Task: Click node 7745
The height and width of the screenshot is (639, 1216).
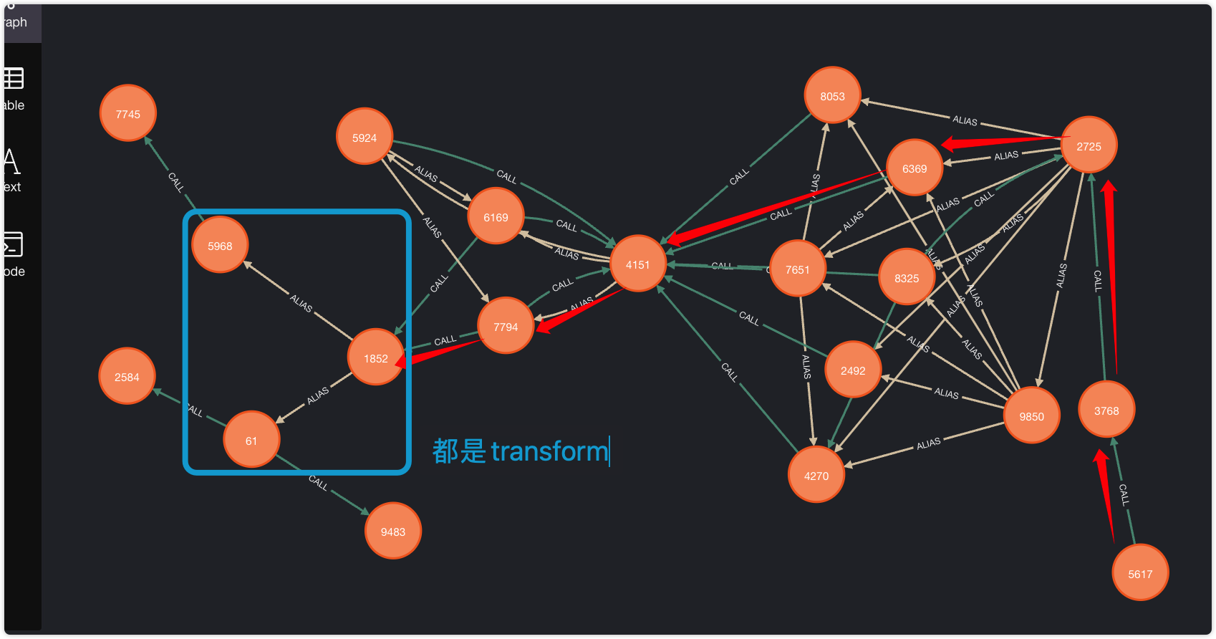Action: (127, 114)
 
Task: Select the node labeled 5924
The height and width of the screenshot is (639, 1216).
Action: (364, 137)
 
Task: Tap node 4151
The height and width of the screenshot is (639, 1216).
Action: (637, 264)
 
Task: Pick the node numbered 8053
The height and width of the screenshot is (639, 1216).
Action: (832, 95)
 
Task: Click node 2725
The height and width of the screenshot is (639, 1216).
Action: (1089, 145)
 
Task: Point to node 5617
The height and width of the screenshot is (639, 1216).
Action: (1140, 573)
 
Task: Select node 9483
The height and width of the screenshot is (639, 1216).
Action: (392, 531)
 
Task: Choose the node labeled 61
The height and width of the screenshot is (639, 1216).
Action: (251, 440)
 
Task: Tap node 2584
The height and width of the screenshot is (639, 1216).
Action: (127, 376)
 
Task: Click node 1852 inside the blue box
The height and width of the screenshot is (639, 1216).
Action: (375, 357)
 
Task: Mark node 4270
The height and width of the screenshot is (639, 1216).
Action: (816, 475)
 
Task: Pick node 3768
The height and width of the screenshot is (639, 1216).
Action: (1106, 410)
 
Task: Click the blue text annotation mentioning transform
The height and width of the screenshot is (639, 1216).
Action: (521, 451)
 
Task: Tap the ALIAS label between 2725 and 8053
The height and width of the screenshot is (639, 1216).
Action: (965, 120)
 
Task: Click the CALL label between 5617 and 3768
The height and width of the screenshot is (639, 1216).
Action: (1124, 494)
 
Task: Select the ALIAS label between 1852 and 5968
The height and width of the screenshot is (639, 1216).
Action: (301, 304)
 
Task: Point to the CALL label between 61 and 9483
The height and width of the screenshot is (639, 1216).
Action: (318, 483)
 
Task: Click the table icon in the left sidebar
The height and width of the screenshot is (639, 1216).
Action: (14, 78)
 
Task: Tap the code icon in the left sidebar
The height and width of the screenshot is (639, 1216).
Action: (14, 245)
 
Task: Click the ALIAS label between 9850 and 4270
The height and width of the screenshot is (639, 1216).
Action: (928, 444)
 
